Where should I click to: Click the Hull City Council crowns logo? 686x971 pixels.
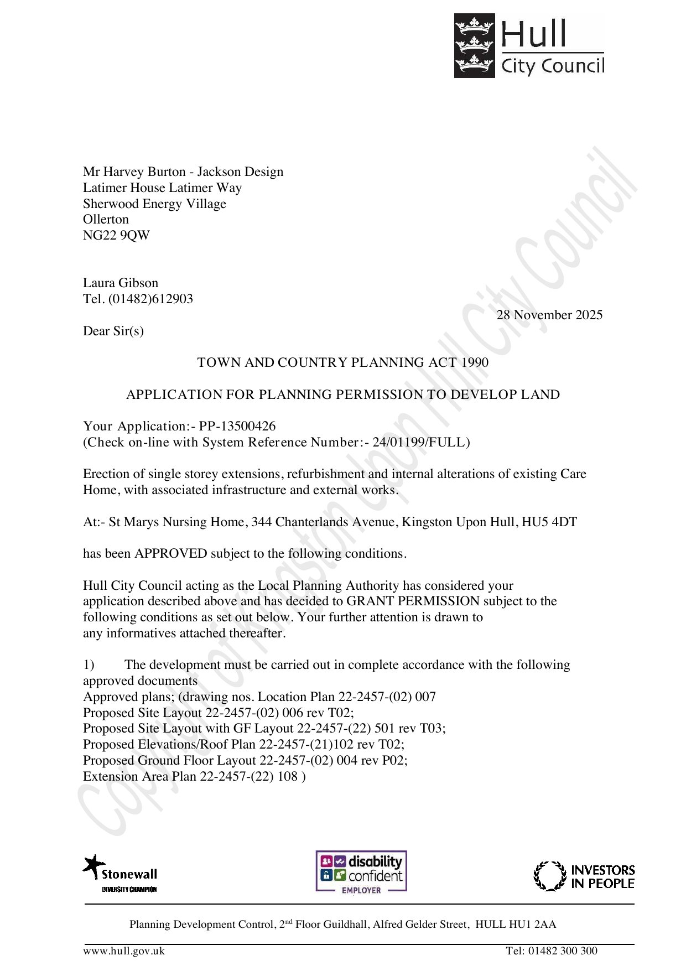coord(474,46)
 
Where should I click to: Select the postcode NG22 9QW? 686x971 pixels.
coord(116,235)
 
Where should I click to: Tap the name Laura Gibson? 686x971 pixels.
coord(121,283)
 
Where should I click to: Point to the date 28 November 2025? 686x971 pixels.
coord(549,315)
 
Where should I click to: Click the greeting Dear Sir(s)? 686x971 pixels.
coord(113,331)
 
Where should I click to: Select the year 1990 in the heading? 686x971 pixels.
coord(475,362)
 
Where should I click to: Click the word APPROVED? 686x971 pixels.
coord(171,553)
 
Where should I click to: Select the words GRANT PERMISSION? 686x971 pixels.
coord(413,601)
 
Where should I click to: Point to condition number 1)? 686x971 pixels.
coord(89,664)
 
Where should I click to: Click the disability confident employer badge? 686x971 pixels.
coord(361,871)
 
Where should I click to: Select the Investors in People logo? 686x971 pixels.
coord(584,876)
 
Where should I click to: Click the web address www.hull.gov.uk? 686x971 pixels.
coord(124,951)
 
